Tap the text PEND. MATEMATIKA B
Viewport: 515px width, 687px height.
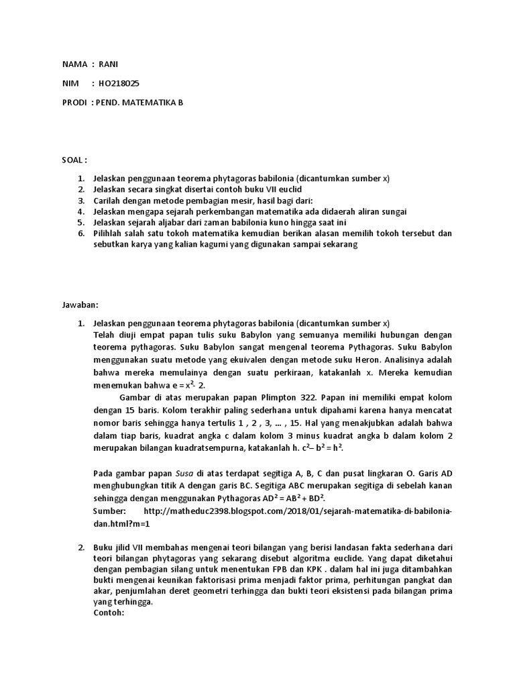(x=140, y=103)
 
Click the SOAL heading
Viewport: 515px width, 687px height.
(x=74, y=160)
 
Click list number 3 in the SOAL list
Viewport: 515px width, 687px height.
(x=80, y=201)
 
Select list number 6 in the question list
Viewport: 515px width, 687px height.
(x=80, y=233)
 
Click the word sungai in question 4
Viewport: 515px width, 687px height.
(x=393, y=211)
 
